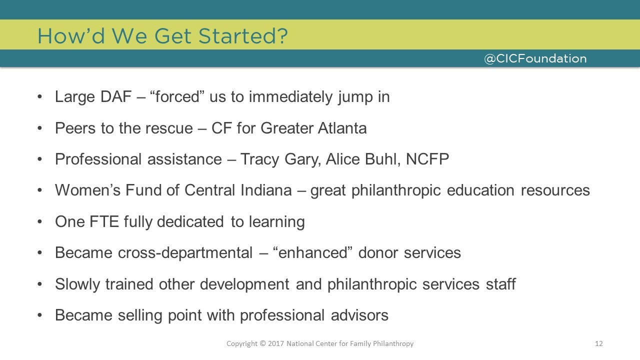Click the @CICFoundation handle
(535, 58)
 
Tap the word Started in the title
(243, 36)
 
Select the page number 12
(599, 343)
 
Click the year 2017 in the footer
(276, 343)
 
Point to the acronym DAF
(116, 96)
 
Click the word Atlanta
(342, 128)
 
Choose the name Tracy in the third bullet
(259, 159)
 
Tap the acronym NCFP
(427, 159)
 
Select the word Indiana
(266, 190)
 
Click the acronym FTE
(104, 221)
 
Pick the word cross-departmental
(185, 253)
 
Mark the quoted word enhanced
(312, 253)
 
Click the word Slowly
(77, 284)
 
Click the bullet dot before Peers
(39, 128)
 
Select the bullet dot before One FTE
(39, 222)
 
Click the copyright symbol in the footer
(263, 343)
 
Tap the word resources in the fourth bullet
(555, 190)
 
